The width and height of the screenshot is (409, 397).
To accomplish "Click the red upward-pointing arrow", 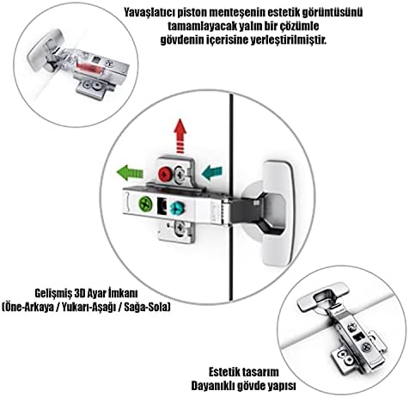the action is point(180,137).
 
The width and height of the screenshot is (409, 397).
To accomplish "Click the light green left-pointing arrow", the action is point(130,173).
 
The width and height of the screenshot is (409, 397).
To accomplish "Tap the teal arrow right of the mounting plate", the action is point(212,173).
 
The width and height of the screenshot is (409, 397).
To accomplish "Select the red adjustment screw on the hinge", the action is point(165,174).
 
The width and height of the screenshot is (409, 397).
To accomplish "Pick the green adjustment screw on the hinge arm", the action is point(145,204).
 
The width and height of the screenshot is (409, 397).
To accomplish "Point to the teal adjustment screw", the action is point(176,209).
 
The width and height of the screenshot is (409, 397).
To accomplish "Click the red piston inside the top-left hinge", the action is point(89,68).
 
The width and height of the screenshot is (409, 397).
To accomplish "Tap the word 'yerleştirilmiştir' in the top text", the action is point(289,40).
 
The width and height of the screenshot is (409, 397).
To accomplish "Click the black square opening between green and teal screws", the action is point(162,206).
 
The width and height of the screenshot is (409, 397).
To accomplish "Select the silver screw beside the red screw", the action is point(180,174).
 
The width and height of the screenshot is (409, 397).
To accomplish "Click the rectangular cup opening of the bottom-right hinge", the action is point(325,296).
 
